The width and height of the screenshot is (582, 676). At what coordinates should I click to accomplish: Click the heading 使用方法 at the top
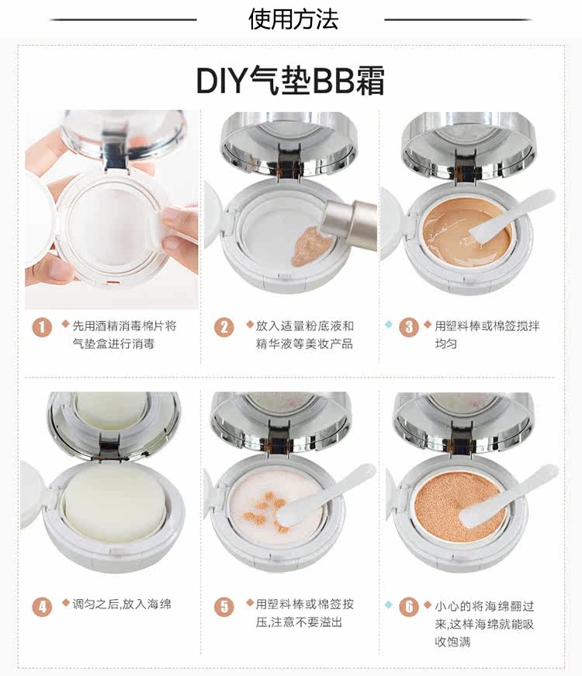click(293, 19)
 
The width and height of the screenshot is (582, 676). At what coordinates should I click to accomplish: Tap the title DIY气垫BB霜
click(290, 80)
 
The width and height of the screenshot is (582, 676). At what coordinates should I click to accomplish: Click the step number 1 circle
click(42, 327)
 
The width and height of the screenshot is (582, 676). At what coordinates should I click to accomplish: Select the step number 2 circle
click(223, 327)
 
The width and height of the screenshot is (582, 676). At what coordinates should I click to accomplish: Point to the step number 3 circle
click(409, 327)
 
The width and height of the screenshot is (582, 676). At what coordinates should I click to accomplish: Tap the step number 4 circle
click(42, 607)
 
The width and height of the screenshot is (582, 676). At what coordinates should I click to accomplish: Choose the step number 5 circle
click(223, 607)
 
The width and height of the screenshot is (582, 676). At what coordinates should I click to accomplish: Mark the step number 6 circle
click(409, 607)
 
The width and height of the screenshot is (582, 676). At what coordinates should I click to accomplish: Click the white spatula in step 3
click(511, 215)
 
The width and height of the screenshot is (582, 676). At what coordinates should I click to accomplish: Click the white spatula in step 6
click(508, 495)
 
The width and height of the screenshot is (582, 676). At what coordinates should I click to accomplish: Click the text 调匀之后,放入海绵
click(121, 604)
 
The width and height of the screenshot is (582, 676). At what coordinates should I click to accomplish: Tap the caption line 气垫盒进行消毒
click(113, 343)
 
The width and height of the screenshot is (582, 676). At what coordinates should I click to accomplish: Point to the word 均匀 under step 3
click(445, 343)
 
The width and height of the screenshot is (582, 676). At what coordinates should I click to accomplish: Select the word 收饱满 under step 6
click(452, 642)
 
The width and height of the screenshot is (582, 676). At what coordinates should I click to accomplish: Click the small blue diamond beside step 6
click(388, 605)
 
